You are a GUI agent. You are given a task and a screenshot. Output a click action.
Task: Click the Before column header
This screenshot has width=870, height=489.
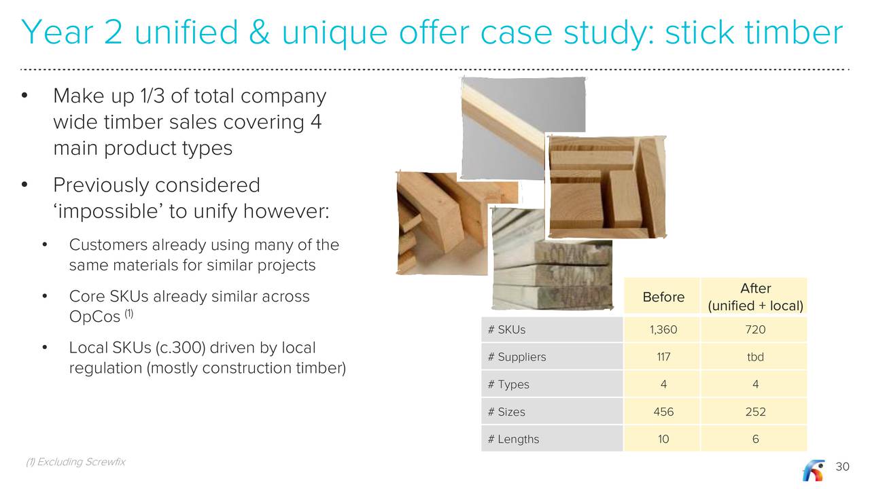663,297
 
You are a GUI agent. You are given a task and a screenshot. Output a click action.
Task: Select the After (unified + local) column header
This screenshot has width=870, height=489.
755,297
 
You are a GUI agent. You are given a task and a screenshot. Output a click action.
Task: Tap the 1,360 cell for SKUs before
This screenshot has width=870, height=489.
663,329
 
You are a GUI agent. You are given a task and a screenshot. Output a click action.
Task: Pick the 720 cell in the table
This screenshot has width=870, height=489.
755,329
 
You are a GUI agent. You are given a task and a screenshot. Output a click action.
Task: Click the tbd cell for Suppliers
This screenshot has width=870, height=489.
755,357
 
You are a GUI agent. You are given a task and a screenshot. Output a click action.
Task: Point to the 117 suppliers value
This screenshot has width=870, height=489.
663,357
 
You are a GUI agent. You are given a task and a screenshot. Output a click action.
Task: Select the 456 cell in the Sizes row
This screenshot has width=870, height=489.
663,412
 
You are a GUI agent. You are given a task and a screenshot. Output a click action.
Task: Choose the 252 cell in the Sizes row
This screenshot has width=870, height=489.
755,412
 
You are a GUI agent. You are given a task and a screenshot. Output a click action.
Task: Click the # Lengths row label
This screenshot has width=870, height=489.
513,439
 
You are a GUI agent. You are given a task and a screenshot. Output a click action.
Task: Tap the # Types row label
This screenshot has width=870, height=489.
508,384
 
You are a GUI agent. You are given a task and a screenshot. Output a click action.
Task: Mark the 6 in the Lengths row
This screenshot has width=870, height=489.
755,439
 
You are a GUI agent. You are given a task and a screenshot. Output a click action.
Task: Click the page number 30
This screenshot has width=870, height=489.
842,467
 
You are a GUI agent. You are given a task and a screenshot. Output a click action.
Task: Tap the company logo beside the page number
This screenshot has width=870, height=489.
814,470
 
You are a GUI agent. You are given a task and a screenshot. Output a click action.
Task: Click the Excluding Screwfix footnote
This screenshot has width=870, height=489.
75,462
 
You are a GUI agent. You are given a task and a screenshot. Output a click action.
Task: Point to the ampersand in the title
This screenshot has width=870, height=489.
259,32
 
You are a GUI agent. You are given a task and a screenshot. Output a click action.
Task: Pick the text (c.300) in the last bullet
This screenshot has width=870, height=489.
180,348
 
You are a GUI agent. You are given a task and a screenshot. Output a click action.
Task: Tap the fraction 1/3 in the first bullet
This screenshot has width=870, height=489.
153,96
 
